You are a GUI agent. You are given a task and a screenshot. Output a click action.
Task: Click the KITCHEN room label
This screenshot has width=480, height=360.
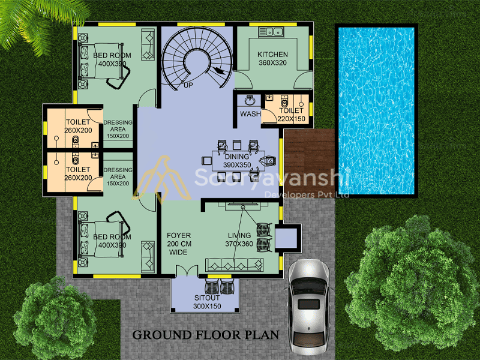(272, 55)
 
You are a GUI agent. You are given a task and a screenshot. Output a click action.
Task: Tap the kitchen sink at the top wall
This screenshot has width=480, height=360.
(271, 32)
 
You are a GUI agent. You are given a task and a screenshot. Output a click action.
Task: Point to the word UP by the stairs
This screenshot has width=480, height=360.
(188, 85)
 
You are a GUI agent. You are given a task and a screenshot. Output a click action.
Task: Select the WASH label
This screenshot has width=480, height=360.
(250, 114)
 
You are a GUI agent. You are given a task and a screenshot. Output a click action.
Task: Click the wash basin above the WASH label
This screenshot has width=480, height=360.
(250, 100)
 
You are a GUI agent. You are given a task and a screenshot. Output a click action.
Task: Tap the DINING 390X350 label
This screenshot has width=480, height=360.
(237, 161)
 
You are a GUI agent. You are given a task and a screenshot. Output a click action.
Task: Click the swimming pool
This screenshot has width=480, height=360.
(376, 111)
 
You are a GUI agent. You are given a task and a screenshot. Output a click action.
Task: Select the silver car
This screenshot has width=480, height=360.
(308, 306)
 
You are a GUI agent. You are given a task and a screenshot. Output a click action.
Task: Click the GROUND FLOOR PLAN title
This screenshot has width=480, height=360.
(206, 335)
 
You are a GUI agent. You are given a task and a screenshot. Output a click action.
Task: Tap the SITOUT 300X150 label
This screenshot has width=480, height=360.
(207, 302)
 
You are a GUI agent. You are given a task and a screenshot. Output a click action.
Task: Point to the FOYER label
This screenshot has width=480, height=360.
(179, 235)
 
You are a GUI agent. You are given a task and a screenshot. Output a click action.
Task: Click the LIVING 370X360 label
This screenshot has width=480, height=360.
(239, 239)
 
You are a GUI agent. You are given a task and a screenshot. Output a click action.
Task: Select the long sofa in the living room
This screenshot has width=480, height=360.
(235, 265)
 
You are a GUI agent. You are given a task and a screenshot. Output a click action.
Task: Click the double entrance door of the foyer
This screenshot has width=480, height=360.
(187, 271)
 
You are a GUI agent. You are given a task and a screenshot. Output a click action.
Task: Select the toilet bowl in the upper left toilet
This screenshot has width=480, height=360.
(76, 142)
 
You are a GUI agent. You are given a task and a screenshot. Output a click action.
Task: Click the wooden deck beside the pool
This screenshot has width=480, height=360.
(309, 158)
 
